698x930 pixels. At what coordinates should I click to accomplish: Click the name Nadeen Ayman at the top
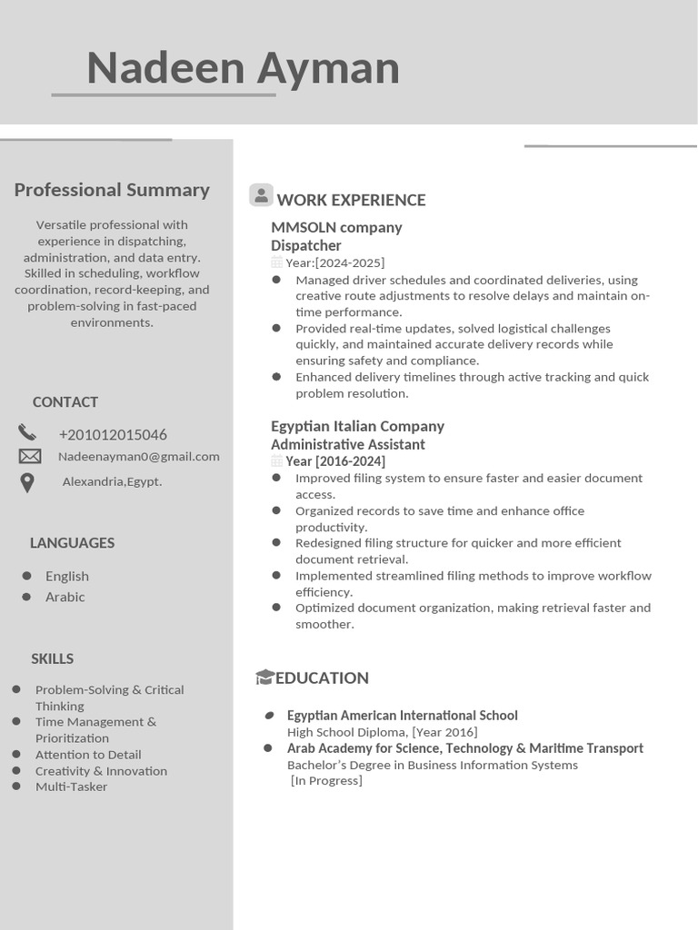[243, 68]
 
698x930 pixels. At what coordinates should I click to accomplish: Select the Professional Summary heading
[112, 190]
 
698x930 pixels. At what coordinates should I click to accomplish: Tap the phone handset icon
[27, 432]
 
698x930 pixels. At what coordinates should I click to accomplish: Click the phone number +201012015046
[113, 435]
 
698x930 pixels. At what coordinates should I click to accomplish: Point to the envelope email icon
[29, 456]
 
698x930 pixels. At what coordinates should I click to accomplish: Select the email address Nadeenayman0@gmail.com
[139, 457]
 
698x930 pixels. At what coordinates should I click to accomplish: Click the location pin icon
[27, 482]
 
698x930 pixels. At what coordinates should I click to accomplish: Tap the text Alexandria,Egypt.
[112, 481]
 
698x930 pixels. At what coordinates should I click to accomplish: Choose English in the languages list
[67, 576]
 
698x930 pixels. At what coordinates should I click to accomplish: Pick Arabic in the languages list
[65, 597]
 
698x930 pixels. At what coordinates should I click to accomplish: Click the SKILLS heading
[52, 658]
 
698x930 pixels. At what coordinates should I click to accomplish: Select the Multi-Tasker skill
[71, 787]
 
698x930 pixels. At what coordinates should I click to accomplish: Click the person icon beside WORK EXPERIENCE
[261, 195]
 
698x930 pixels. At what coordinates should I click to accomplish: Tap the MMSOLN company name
[336, 227]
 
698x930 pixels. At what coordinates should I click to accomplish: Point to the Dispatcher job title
[306, 245]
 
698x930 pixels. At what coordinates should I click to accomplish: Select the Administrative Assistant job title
[348, 444]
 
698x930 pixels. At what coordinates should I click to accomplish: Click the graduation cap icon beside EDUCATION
[264, 677]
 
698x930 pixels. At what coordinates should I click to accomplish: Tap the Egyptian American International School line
[402, 716]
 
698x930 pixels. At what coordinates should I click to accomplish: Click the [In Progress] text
[326, 781]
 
